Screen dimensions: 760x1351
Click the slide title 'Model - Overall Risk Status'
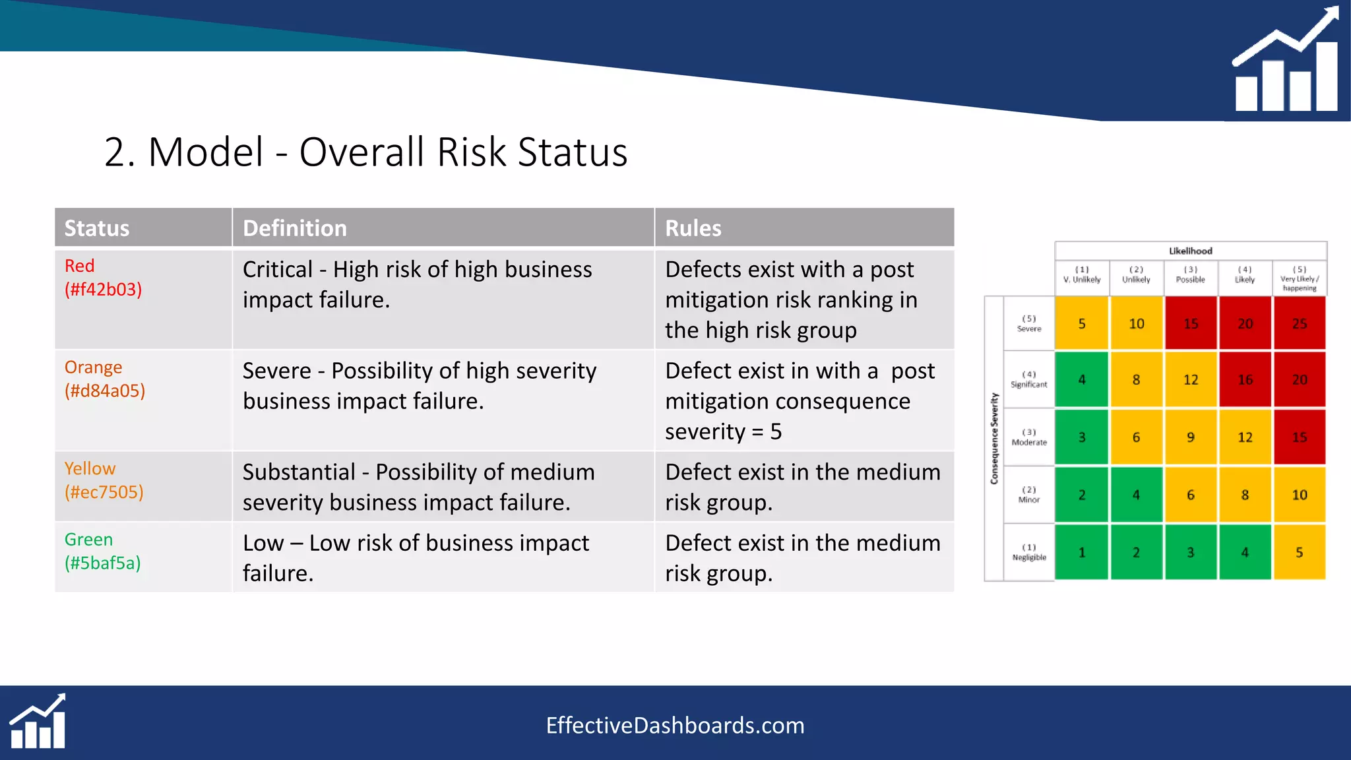click(x=366, y=152)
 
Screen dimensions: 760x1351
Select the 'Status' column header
click(x=97, y=228)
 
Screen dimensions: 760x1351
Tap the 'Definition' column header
click(x=294, y=228)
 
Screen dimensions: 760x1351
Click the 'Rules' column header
click(x=693, y=228)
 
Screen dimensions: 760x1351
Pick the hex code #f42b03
click(x=104, y=290)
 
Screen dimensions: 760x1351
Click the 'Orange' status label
click(x=93, y=367)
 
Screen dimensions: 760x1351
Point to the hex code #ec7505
click(x=104, y=492)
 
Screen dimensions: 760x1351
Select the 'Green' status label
click(x=88, y=540)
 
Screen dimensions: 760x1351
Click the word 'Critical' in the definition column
click(x=278, y=270)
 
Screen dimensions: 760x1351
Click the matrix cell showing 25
click(x=1299, y=323)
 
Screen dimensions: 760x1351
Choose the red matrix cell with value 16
click(x=1245, y=380)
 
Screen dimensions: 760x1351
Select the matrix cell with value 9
click(x=1190, y=437)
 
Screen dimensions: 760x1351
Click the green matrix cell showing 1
click(x=1082, y=553)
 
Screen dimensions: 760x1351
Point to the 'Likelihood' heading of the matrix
click(x=1190, y=251)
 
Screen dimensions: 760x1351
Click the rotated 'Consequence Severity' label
click(x=994, y=439)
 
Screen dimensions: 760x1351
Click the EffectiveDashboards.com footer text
click(x=675, y=726)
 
